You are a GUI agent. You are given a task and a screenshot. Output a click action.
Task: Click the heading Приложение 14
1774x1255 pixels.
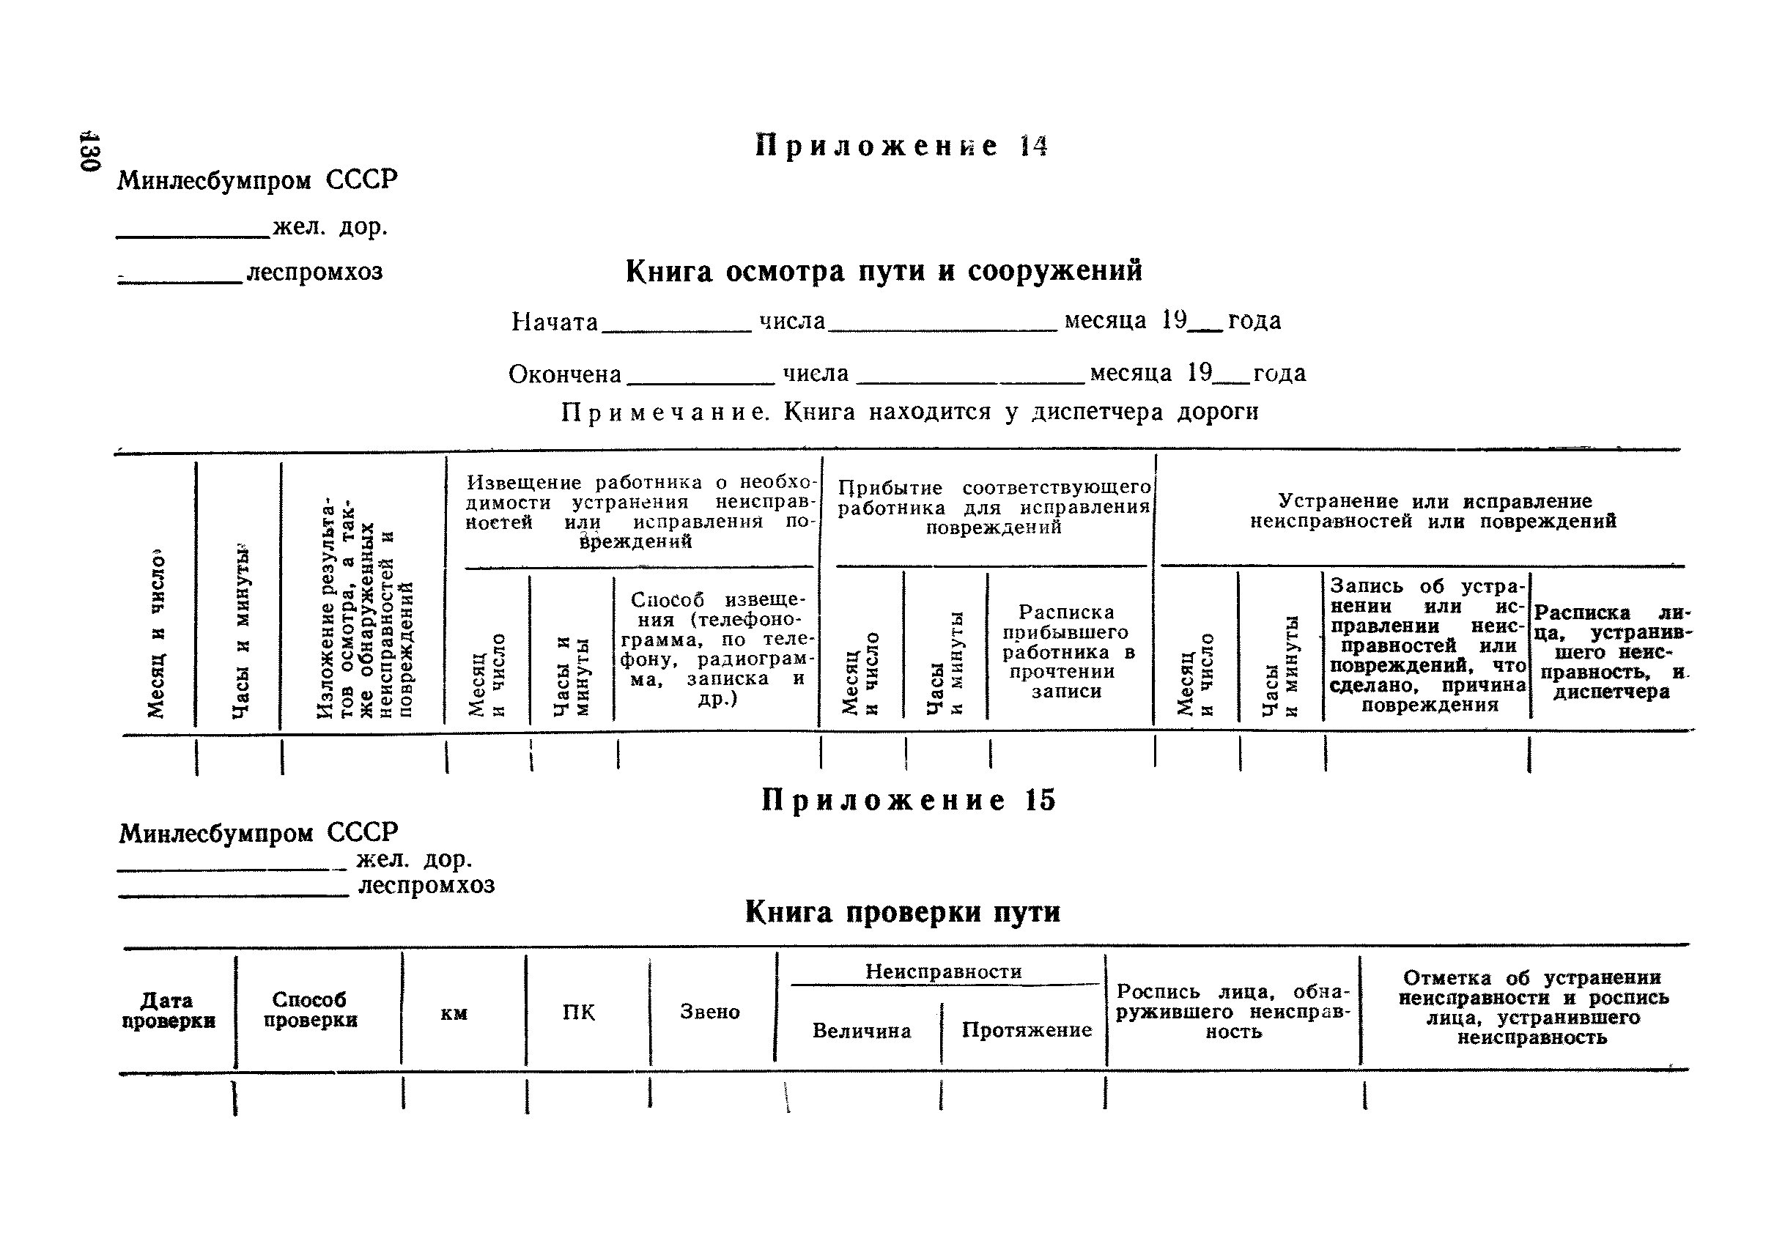coord(901,146)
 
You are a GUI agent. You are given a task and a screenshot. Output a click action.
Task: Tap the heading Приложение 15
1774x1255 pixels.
coord(909,800)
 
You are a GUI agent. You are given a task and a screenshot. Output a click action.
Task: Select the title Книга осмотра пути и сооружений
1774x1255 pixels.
coord(884,271)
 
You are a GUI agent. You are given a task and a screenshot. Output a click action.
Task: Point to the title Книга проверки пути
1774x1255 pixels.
coord(902,913)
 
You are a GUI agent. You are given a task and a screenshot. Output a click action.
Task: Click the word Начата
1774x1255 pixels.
coord(554,322)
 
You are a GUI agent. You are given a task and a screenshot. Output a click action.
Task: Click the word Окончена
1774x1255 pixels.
coord(564,374)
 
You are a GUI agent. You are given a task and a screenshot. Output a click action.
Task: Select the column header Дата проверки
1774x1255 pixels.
coord(168,1011)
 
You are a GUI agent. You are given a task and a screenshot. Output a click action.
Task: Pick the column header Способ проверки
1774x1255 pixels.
coord(310,1010)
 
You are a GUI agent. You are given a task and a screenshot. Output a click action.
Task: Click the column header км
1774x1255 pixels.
coord(454,1013)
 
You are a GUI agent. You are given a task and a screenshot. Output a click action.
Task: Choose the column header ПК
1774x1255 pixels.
coord(578,1012)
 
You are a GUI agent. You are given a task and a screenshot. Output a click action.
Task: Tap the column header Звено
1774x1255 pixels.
coord(709,1012)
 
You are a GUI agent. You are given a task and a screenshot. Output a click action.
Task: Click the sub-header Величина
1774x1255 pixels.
coord(861,1031)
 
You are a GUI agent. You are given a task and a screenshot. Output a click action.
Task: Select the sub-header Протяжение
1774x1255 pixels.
coord(1027,1030)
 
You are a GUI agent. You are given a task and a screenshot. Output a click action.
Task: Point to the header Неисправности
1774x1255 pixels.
coord(943,971)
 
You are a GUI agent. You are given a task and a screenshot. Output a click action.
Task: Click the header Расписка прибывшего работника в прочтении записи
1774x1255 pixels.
coord(1068,651)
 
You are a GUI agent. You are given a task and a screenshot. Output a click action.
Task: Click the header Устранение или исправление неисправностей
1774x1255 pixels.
coord(1433,511)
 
